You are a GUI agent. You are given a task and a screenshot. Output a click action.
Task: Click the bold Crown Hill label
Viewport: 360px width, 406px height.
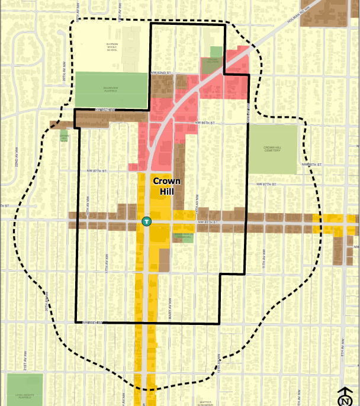[167, 186]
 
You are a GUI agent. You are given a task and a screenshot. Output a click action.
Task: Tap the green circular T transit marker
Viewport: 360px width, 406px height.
[146, 221]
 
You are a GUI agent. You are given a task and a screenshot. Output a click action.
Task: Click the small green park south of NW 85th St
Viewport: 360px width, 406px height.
[183, 235]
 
